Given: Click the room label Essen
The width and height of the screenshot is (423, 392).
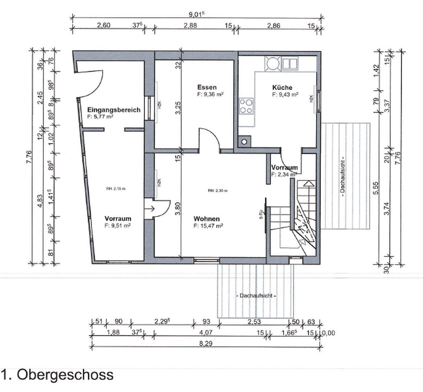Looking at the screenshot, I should tap(207, 87).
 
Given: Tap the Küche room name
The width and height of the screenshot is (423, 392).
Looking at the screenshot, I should tap(282, 87).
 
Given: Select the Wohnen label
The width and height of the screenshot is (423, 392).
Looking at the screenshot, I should tap(206, 219).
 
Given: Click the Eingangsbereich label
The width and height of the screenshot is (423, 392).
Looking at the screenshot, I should tap(113, 110).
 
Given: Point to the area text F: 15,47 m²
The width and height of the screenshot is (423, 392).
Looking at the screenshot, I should tap(208, 226).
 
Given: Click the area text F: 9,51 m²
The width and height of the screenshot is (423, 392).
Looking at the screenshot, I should tap(117, 225).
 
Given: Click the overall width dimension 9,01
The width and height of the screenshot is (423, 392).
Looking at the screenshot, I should tap(197, 15).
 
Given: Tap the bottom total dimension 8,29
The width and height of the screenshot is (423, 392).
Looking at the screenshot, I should tap(206, 343).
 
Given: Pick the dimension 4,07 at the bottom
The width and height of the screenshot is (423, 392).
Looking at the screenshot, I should tap(206, 332).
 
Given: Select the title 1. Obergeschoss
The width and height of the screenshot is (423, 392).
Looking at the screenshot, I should tap(57, 375).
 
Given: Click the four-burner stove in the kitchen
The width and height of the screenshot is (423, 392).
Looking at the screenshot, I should tap(246, 106).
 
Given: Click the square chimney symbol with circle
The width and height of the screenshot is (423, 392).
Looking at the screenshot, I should tap(245, 141).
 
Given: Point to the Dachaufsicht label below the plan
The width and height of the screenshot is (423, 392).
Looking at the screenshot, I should tap(256, 296).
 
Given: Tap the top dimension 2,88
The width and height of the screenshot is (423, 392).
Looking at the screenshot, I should tap(190, 25).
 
